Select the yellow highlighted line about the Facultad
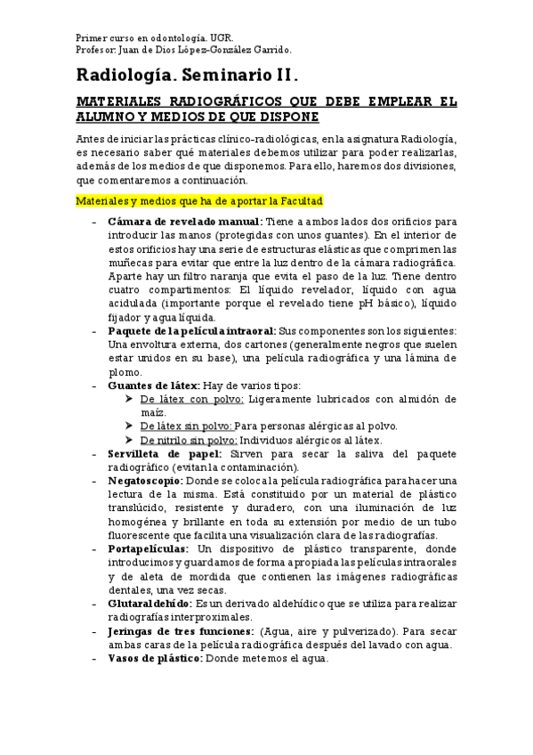coord(198,201)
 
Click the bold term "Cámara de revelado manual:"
coord(184,221)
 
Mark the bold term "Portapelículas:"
coord(148,549)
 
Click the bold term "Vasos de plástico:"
coord(155,659)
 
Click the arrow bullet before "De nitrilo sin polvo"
coord(131,440)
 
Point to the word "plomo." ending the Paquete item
coord(123,372)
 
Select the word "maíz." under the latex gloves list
coord(153,413)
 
